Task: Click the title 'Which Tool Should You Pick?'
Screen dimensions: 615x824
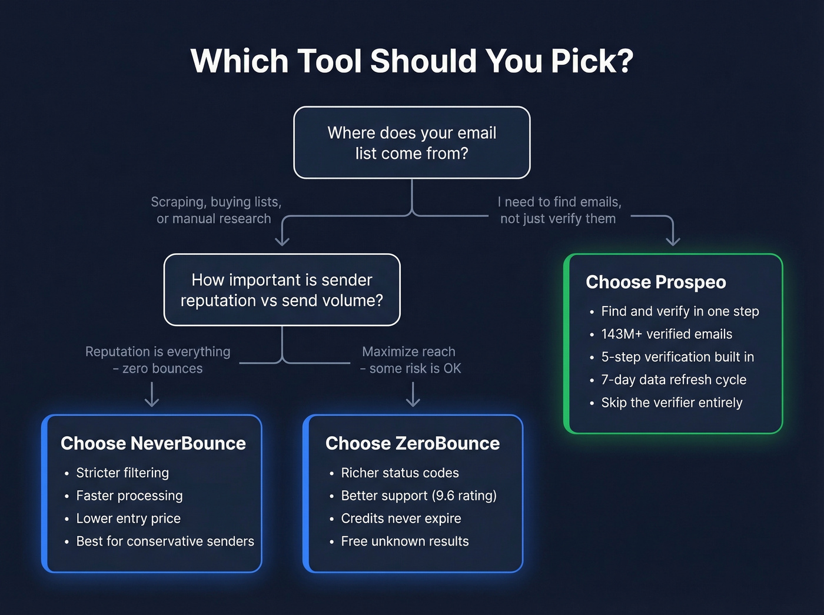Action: [412, 61]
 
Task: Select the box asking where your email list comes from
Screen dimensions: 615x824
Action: [412, 142]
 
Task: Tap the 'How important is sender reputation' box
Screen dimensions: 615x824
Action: [282, 290]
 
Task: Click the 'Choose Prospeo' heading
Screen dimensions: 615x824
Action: [656, 282]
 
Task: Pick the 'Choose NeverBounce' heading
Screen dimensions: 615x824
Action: [153, 443]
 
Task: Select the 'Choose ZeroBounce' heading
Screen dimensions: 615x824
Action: [412, 443]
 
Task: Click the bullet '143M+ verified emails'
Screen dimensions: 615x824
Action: [666, 334]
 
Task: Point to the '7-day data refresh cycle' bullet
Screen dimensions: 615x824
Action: [673, 380]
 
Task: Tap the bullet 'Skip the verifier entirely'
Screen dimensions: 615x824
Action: [672, 403]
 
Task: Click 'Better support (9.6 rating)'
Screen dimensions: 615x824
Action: [418, 496]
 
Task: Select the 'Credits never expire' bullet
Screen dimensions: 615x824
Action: [401, 518]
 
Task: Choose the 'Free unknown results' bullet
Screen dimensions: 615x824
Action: [405, 541]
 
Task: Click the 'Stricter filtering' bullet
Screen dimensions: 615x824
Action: [122, 473]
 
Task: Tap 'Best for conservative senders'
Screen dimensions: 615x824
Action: [165, 541]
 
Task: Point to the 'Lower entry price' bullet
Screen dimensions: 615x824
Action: [128, 518]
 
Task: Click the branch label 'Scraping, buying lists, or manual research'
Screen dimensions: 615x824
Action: [215, 210]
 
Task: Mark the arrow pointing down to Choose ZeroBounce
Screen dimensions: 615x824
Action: [413, 395]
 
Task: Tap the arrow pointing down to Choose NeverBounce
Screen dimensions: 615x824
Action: [152, 395]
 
